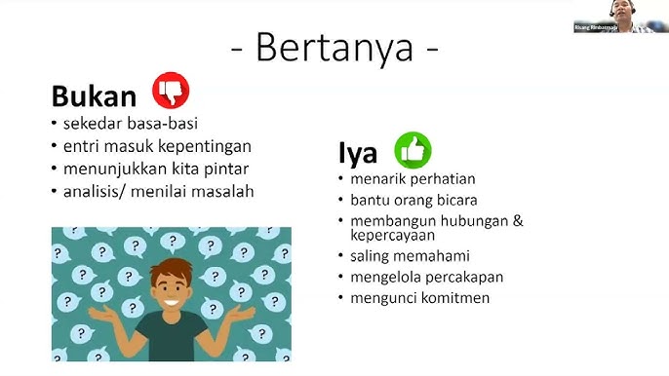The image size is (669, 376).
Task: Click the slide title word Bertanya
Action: [334, 47]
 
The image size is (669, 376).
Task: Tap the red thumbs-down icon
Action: [171, 91]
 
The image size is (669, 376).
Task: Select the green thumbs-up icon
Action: [413, 150]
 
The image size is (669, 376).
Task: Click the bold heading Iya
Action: [358, 154]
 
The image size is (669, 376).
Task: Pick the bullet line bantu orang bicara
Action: [415, 200]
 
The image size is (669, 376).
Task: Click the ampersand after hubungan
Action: [518, 220]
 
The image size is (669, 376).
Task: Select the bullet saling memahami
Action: [410, 256]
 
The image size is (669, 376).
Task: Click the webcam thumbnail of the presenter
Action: [619, 17]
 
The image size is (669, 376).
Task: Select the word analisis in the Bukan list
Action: [93, 191]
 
